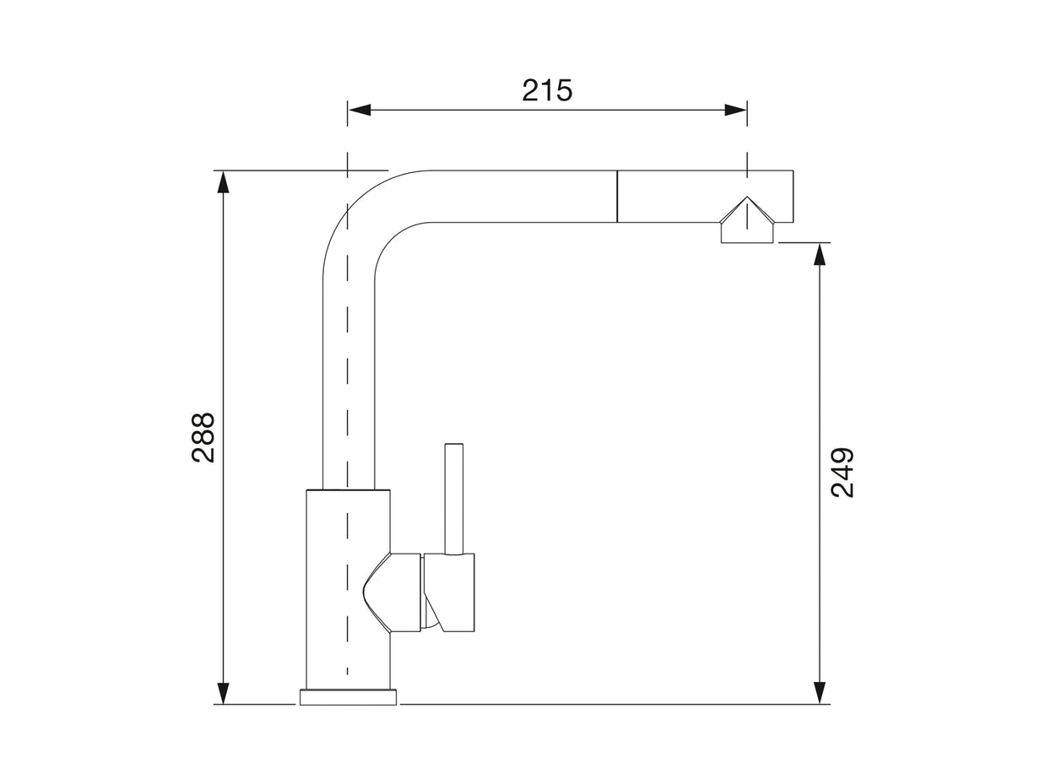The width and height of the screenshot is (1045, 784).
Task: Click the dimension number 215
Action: point(547,89)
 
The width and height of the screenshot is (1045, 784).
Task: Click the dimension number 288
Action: point(203,437)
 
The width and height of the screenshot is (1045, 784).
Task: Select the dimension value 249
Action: point(842,473)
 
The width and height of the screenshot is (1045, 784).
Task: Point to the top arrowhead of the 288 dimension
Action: point(223,181)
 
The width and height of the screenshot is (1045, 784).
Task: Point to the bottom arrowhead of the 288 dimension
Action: point(223,693)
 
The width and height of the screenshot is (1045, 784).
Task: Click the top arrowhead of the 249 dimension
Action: point(819,254)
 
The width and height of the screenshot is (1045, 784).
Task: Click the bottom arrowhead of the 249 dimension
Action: point(819,693)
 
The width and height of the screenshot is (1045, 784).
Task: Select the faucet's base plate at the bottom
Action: point(348,697)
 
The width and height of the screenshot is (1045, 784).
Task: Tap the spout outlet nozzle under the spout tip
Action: point(747,233)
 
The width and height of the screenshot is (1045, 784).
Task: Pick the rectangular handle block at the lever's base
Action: point(450,592)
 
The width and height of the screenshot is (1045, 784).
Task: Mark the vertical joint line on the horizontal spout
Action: point(617,197)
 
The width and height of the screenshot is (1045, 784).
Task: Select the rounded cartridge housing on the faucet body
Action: point(393,592)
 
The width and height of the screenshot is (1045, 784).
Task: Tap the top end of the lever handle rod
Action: point(454,445)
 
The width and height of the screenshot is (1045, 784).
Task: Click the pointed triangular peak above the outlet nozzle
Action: point(747,199)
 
